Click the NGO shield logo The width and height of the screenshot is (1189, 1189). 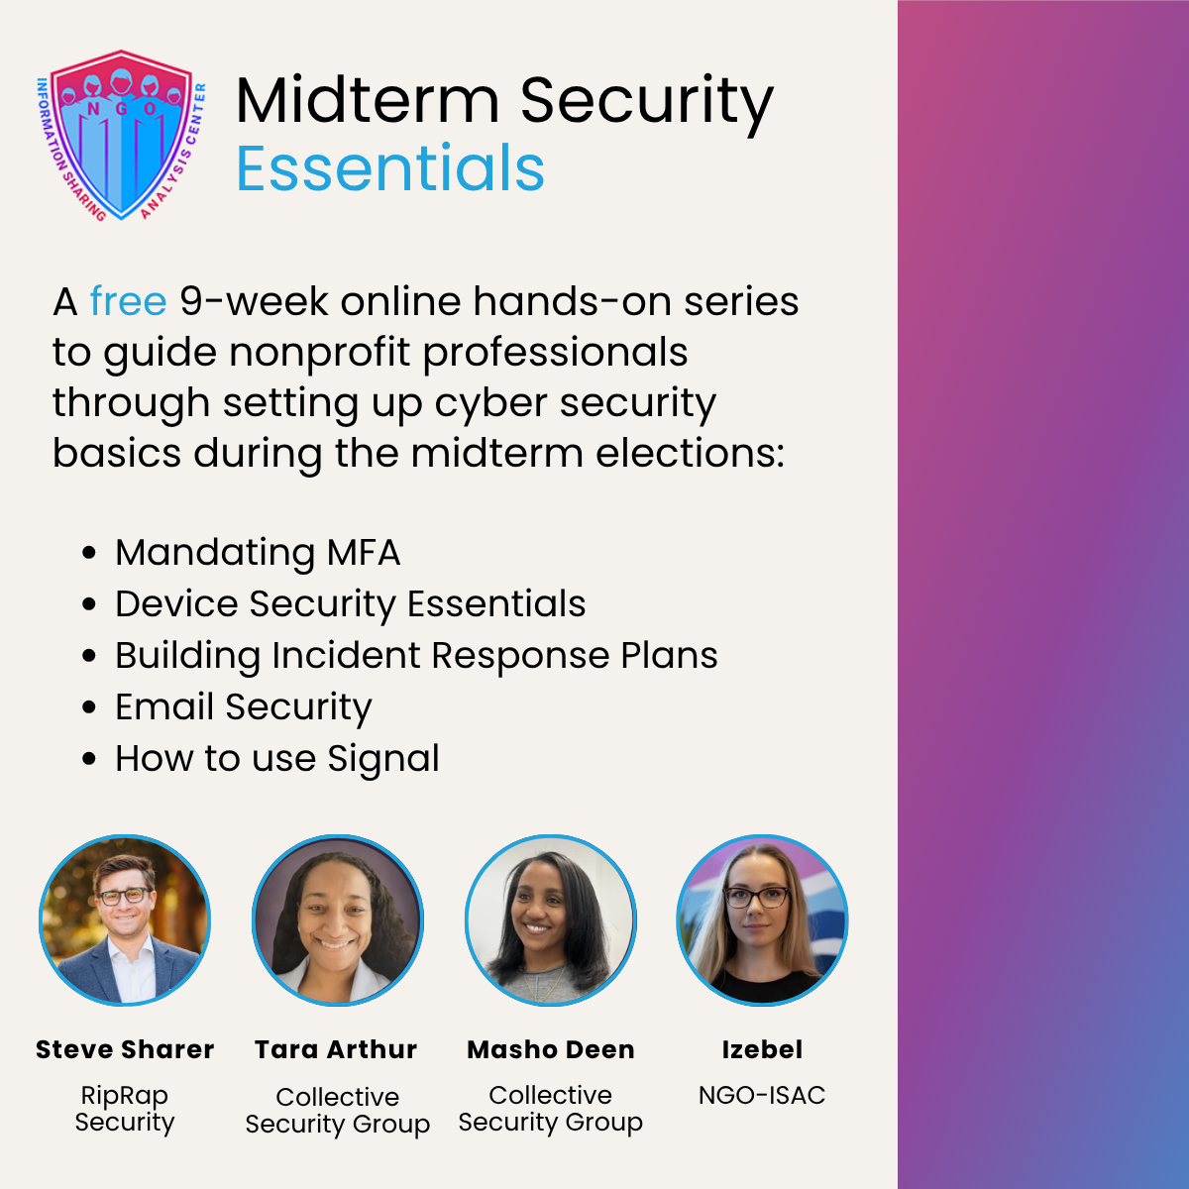[121, 135]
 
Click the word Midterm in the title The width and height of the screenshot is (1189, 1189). [368, 101]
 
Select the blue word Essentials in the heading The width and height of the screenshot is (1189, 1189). [390, 167]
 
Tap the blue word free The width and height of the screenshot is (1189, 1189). [129, 302]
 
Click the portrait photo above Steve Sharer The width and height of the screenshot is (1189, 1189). [125, 919]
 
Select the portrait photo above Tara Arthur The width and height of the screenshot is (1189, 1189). [338, 919]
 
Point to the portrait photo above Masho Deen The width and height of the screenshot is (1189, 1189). [550, 919]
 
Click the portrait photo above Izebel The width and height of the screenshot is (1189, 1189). [762, 919]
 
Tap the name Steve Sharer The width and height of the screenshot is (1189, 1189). [125, 1049]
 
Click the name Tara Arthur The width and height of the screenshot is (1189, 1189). [336, 1049]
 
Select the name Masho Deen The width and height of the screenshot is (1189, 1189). [550, 1049]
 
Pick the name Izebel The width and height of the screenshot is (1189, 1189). [762, 1049]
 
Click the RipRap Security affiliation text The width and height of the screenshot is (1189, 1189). [125, 1109]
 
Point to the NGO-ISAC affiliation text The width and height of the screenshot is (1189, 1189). [762, 1096]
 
